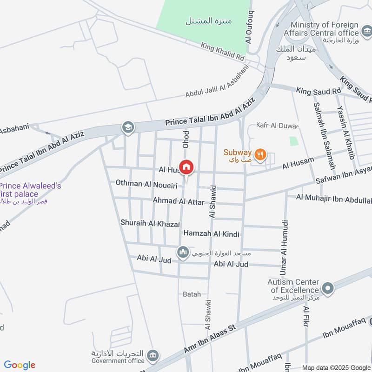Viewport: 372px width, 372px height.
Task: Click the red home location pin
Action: coord(186,167)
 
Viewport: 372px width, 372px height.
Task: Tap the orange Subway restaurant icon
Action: coord(260,154)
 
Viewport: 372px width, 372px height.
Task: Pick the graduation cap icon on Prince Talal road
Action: coord(127,127)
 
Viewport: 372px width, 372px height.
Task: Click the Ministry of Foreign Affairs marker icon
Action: coord(367,33)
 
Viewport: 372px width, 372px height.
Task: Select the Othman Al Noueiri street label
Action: coord(146,184)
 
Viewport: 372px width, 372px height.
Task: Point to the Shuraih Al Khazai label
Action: coord(150,224)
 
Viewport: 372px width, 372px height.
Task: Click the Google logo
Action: coord(20,365)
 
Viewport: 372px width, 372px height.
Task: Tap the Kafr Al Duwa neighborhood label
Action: coord(277,126)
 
